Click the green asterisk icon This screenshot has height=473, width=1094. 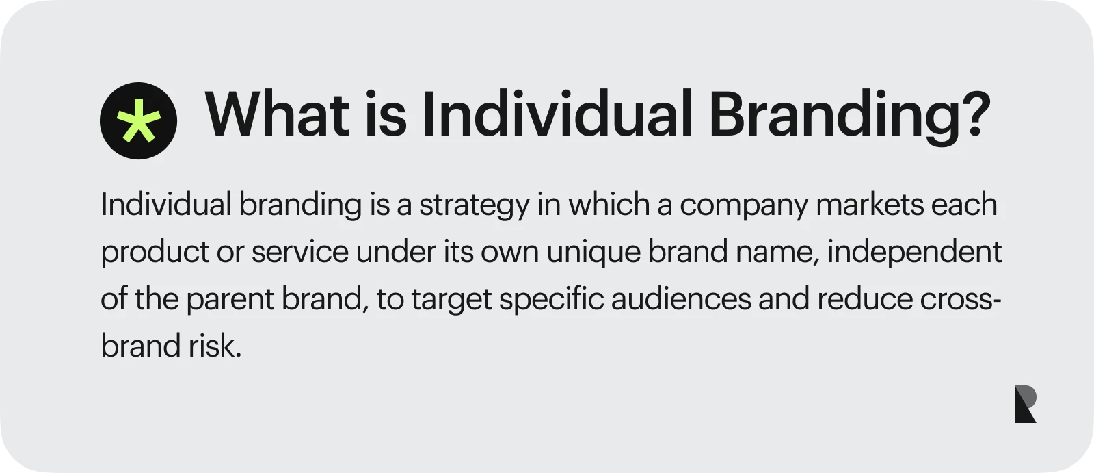click(x=138, y=120)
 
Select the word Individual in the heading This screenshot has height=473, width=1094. click(x=557, y=113)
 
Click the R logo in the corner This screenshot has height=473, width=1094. click(x=1025, y=404)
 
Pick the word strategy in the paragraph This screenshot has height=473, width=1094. click(x=475, y=206)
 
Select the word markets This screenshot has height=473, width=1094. click(x=870, y=204)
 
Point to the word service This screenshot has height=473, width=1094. click(x=300, y=252)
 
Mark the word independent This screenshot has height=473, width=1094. click(x=914, y=253)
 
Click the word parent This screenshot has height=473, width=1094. click(x=230, y=300)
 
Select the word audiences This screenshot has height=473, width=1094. click(x=681, y=298)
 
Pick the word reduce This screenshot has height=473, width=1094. click(x=864, y=298)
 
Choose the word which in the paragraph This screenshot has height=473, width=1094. click(x=609, y=204)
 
